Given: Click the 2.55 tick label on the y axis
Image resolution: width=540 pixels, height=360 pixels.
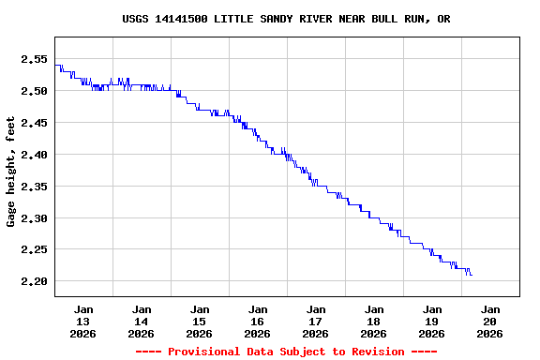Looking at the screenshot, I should coord(34,59).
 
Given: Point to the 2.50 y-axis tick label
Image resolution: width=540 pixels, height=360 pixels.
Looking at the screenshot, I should coord(34,91).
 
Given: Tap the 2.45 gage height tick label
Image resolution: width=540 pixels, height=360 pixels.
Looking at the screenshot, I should coord(34,123).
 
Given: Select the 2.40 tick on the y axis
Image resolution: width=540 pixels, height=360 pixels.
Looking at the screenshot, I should coord(34,155).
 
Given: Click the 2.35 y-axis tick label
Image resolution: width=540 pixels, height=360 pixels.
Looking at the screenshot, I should coord(34,187).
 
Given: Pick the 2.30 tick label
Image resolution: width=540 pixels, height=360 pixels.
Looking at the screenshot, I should coord(34,218).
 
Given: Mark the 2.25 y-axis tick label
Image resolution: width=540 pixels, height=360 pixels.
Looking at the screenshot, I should coord(34,249).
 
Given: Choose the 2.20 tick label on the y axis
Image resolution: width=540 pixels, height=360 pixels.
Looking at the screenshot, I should coord(34,281).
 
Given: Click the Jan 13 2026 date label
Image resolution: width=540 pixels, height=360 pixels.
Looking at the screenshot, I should coord(83,321).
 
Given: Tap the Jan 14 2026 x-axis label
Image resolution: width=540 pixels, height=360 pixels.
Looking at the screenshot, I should coord(142,321).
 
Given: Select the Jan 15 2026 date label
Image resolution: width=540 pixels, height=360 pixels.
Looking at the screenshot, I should coord(200,321).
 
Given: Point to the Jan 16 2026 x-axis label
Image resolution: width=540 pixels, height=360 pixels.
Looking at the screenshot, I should coord(258,321).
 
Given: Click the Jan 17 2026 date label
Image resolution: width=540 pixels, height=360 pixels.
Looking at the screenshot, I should coord(316,321).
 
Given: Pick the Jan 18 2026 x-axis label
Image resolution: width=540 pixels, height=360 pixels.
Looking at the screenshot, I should coord(374,321).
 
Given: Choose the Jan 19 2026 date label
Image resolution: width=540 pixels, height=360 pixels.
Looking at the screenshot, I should coord(432,321).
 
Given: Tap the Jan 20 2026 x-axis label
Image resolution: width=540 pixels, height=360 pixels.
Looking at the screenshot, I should coord(490,321).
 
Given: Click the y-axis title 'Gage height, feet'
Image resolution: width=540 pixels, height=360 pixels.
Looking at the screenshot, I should coord(11,172).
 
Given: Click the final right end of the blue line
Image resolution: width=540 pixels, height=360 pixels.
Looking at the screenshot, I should coord(472,275).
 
